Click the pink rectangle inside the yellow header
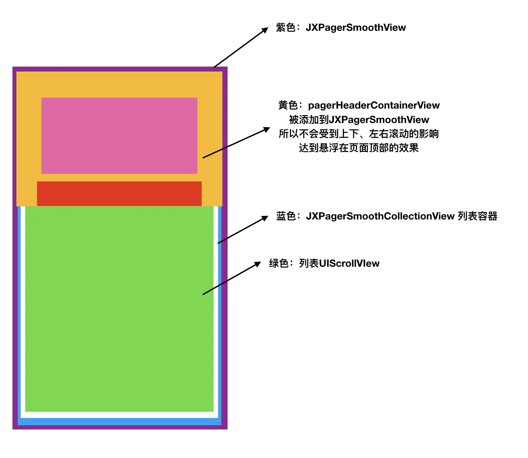click(x=119, y=136)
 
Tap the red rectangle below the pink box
click(x=119, y=194)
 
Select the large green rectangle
click(x=119, y=309)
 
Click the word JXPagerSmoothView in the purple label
click(x=356, y=28)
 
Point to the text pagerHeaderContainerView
click(x=374, y=105)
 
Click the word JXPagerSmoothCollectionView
click(x=380, y=216)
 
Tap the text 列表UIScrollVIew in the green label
click(x=339, y=263)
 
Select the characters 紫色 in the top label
click(x=286, y=28)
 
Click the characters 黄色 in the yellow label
click(x=288, y=105)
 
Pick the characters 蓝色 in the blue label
click(x=286, y=216)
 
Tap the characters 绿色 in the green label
click(x=279, y=263)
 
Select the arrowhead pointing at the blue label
click(x=264, y=219)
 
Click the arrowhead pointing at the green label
click(x=257, y=264)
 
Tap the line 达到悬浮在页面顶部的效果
click(x=359, y=148)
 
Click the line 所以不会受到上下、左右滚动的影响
click(x=359, y=134)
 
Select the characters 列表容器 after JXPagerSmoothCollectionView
click(x=478, y=216)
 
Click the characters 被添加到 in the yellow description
click(x=309, y=120)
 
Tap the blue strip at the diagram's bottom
click(x=119, y=422)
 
